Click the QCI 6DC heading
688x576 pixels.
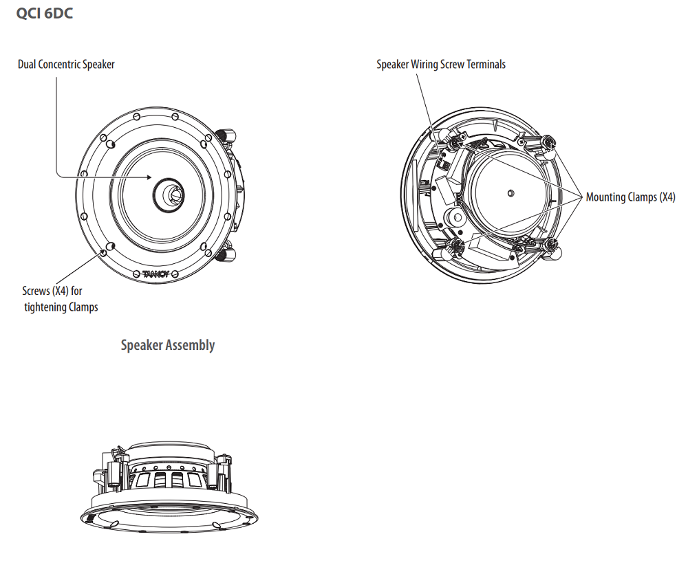[44, 13]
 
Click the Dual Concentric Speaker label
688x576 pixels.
[66, 65]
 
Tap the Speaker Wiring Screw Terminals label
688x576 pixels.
[441, 65]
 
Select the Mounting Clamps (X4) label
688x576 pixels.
[630, 197]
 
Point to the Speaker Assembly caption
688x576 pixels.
[168, 345]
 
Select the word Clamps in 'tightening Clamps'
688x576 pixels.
[83, 307]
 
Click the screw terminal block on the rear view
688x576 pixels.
[443, 162]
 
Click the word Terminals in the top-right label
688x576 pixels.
[486, 65]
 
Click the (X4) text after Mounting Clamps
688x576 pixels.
[667, 197]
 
